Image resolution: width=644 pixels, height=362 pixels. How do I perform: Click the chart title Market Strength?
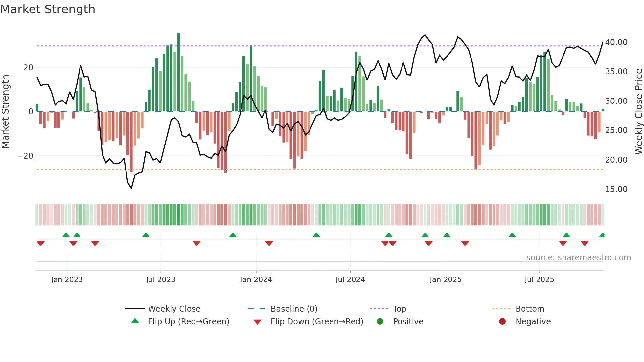click(x=48, y=9)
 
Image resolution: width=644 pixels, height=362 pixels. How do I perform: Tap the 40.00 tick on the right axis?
click(x=616, y=42)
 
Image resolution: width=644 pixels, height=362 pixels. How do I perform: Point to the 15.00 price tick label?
click(x=616, y=189)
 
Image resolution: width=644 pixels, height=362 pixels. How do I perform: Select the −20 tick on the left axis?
click(x=25, y=156)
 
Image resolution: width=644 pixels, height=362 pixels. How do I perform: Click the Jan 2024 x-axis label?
click(x=256, y=280)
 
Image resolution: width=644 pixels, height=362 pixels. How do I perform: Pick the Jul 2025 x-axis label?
click(x=539, y=280)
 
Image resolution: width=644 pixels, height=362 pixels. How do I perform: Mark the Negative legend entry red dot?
click(x=502, y=322)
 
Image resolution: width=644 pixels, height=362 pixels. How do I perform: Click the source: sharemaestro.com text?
click(x=578, y=258)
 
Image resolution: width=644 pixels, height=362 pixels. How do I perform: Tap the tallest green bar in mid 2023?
click(x=178, y=72)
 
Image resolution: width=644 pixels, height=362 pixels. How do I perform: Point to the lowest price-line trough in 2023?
click(x=131, y=188)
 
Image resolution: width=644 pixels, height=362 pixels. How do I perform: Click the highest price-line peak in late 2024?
click(x=425, y=35)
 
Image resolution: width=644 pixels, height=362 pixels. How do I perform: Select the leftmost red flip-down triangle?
click(x=41, y=243)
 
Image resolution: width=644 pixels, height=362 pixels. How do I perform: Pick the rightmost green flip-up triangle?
click(x=602, y=235)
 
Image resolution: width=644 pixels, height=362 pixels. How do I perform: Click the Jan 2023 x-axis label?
click(x=67, y=280)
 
